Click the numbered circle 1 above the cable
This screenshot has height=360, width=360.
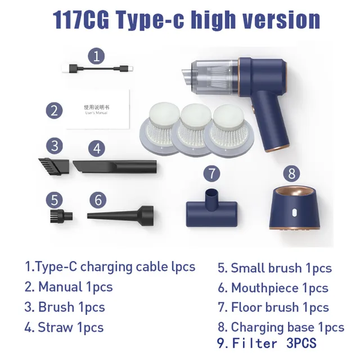coord(97,56)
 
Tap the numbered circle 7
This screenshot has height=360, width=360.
coord(211,173)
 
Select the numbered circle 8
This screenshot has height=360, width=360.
coord(291,173)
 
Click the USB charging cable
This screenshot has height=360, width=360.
coord(97,69)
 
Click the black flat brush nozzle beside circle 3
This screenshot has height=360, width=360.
coord(54,165)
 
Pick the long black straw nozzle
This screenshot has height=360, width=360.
coord(115,166)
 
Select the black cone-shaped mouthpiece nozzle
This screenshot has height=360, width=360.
coord(120,216)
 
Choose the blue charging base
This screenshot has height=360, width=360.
coord(295,209)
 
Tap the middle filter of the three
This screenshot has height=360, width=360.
coord(195,130)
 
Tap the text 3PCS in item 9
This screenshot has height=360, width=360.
coord(301,343)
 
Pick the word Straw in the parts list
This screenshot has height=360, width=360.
coord(55,327)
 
